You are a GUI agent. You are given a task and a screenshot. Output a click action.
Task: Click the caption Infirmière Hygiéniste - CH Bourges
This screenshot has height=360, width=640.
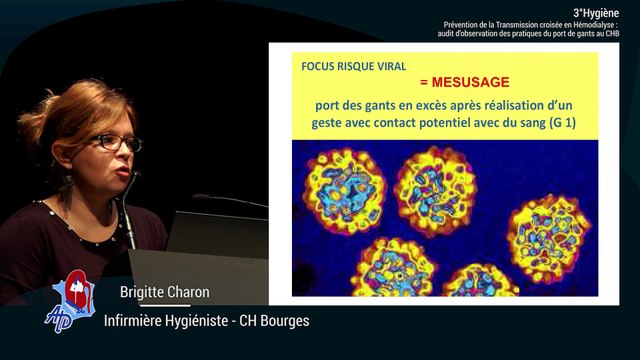(x=207, y=320)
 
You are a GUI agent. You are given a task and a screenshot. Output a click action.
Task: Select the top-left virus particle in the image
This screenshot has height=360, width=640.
(x=342, y=190)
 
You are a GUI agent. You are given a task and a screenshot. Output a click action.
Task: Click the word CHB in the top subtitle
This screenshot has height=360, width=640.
(x=626, y=34)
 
